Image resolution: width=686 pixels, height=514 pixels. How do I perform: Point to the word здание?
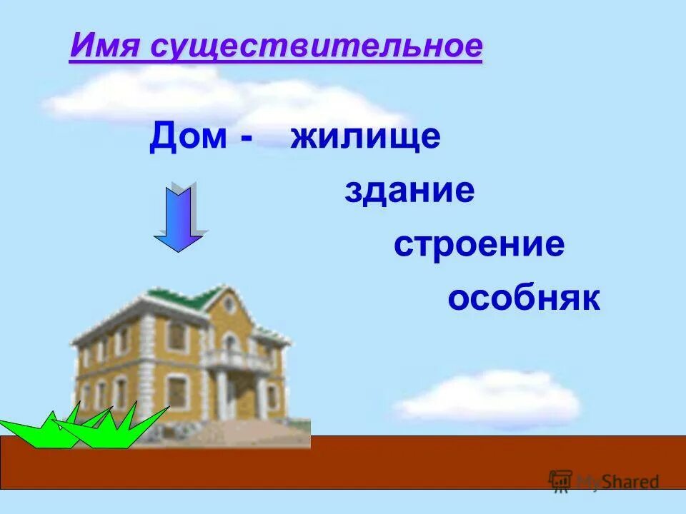[x=409, y=191]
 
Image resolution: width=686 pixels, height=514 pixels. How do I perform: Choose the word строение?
[x=479, y=245]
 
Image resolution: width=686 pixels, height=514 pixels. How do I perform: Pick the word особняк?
[x=524, y=298]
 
